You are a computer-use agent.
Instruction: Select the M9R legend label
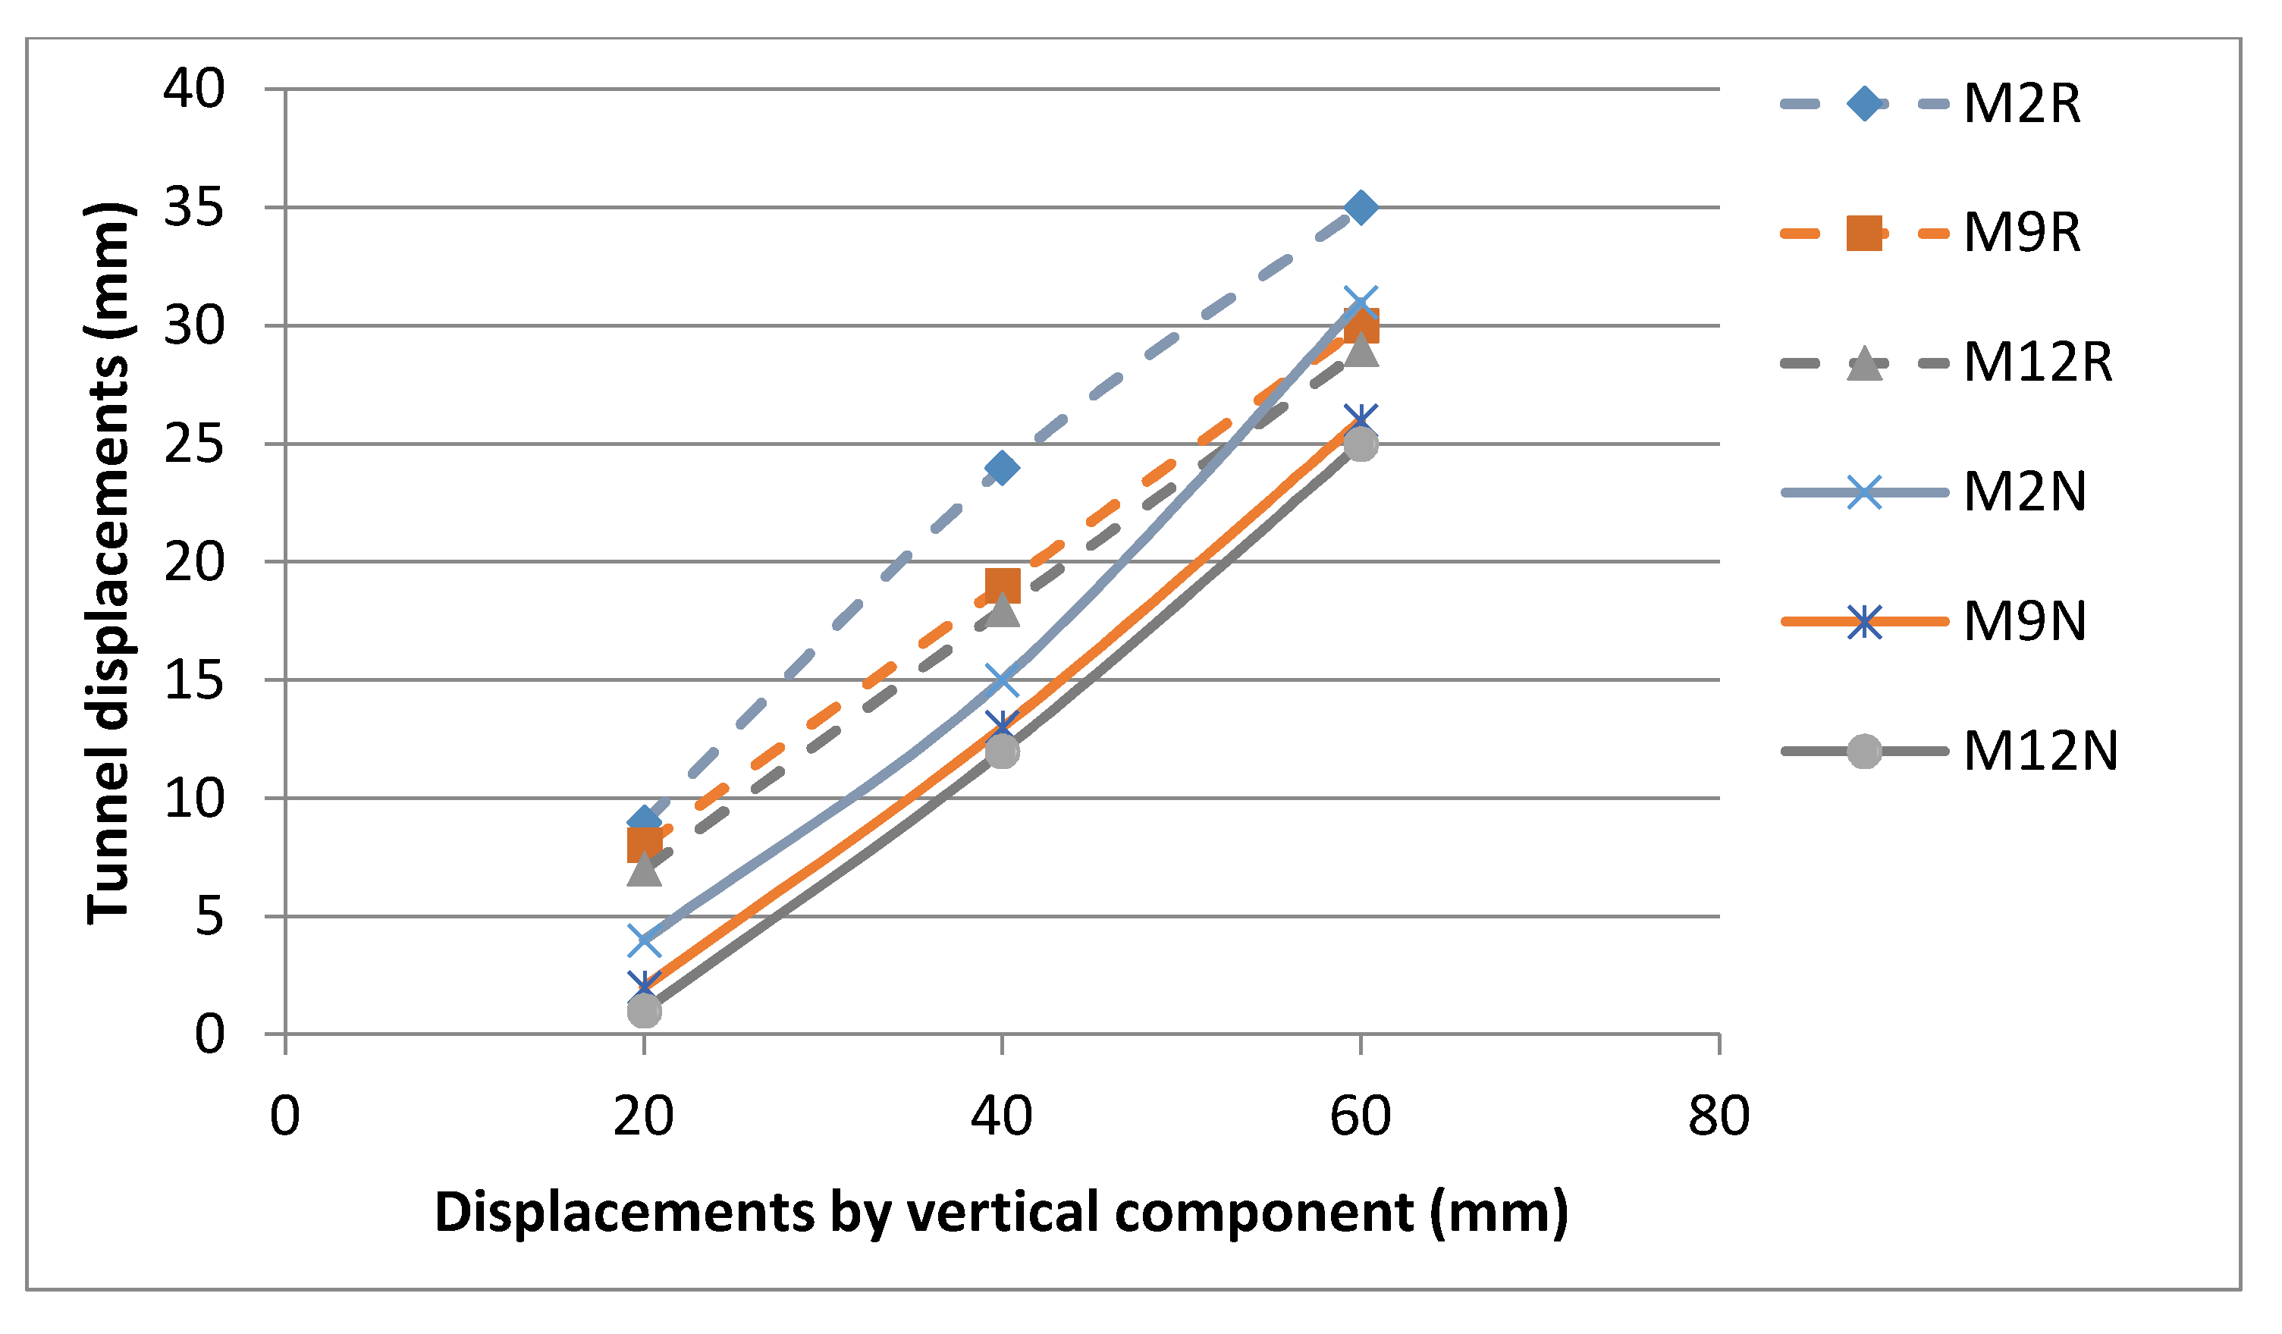[2021, 234]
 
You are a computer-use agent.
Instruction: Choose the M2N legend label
[2025, 493]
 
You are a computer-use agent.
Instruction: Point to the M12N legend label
[2041, 752]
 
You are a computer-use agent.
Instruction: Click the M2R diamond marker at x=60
[1360, 207]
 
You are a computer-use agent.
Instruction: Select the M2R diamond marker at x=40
[1002, 468]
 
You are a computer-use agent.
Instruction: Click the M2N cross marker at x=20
[644, 940]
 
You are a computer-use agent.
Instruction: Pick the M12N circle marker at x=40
[1002, 751]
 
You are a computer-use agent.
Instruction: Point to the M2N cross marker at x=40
[1002, 680]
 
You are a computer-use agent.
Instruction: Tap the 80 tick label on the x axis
[1719, 1116]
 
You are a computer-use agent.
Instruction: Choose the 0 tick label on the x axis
[285, 1116]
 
